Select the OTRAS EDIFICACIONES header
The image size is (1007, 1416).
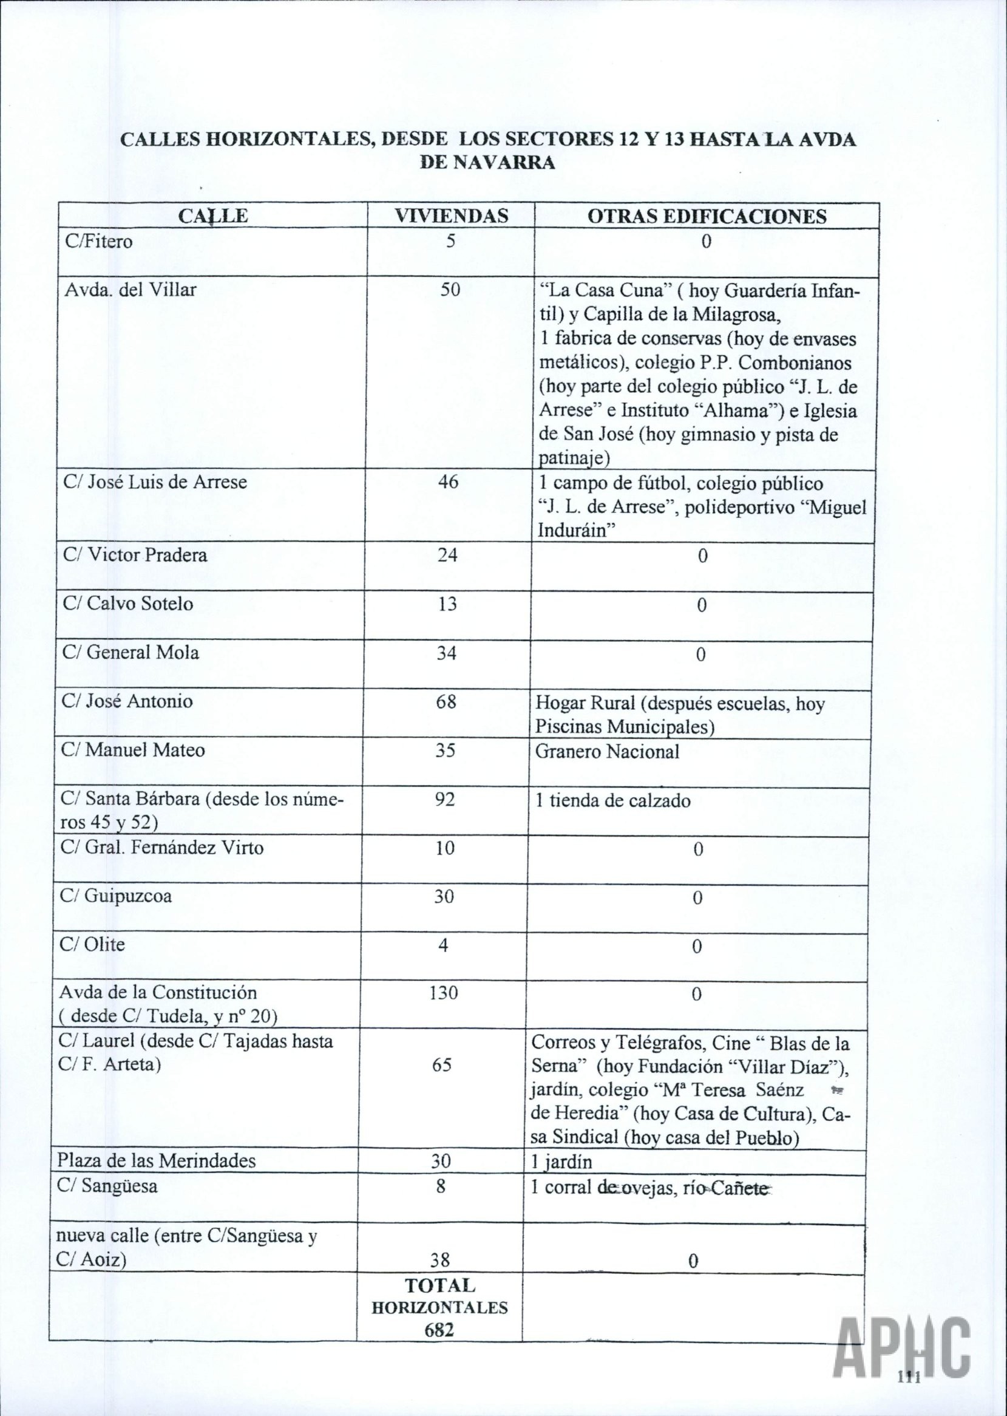pos(707,216)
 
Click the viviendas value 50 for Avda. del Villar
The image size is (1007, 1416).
pos(450,290)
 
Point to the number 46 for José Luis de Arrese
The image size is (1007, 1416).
pos(448,482)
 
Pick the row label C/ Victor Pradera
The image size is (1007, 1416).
pos(135,554)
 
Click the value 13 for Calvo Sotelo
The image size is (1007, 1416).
pos(447,604)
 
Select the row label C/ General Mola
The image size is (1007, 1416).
pos(131,652)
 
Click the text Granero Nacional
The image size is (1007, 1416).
pos(607,752)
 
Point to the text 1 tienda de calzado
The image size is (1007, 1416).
pos(612,801)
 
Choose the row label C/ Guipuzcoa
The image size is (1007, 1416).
pos(116,896)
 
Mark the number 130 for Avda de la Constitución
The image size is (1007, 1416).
pos(444,993)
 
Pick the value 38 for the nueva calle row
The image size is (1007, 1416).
pos(439,1242)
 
